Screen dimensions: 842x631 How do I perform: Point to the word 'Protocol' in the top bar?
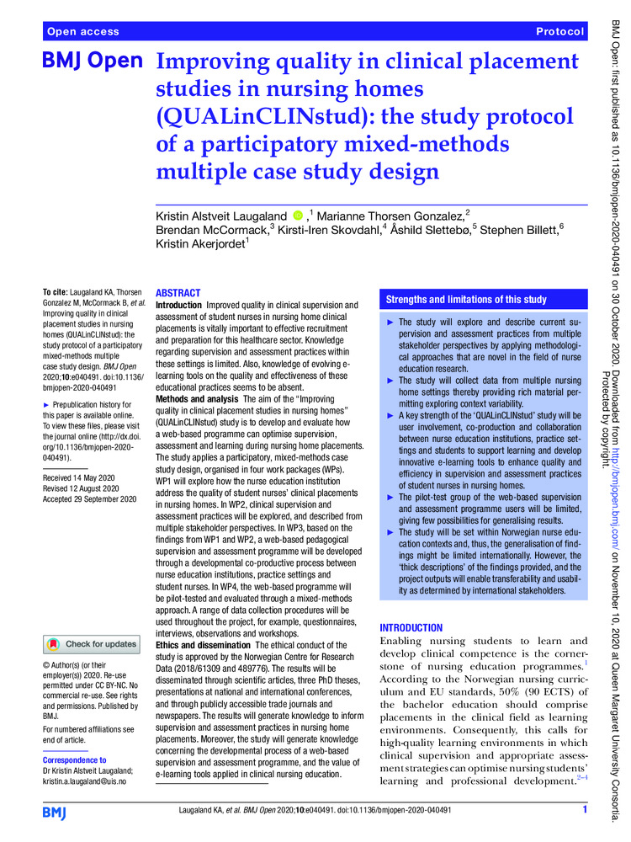pos(559,32)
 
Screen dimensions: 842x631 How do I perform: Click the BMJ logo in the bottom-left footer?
pos(56,812)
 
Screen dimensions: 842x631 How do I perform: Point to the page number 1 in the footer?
pos(583,811)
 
